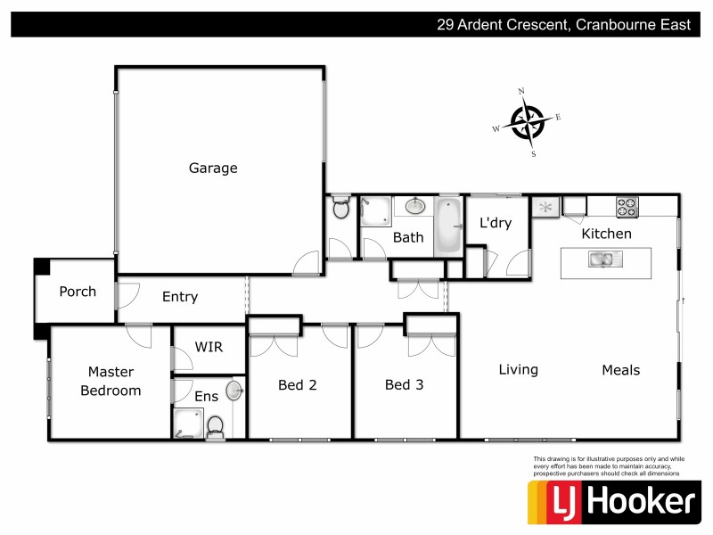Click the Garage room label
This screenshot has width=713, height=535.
213,168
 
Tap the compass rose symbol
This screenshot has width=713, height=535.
528,122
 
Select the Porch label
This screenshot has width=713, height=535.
78,292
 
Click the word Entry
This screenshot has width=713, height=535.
180,297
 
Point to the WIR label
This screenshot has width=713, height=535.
209,347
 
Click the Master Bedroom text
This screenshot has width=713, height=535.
111,381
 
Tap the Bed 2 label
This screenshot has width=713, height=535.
297,385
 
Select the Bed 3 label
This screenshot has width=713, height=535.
404,385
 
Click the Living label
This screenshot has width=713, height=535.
518,369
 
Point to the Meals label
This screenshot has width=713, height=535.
621,369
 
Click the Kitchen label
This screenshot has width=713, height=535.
606,234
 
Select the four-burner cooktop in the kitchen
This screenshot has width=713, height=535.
627,206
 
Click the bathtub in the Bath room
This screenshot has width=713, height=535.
448,226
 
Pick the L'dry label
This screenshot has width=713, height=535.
496,223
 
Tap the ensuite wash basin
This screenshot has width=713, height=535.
234,391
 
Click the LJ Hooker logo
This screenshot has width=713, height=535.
612,502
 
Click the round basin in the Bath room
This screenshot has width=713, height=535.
414,207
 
